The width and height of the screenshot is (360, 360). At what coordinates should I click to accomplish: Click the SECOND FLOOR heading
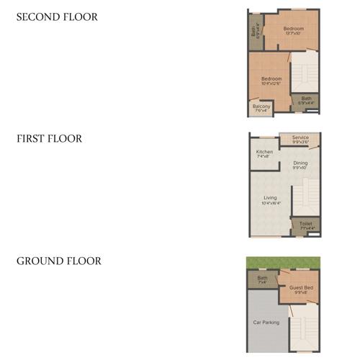[x=57, y=17]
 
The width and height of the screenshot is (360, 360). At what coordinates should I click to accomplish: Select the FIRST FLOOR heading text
[x=49, y=139]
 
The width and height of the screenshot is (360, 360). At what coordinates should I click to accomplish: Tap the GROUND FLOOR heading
[x=59, y=261]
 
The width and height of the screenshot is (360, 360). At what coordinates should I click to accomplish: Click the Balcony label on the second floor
[x=261, y=108]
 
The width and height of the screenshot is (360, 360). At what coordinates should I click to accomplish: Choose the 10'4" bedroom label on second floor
[x=271, y=81]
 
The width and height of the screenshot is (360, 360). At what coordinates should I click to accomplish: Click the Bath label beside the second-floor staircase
[x=307, y=100]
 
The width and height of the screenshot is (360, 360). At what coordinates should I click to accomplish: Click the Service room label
[x=300, y=139]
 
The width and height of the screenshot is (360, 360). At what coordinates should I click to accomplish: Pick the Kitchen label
[x=264, y=154]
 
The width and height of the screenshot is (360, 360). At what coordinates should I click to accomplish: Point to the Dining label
[x=300, y=166]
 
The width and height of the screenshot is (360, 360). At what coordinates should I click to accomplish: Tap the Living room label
[x=270, y=199]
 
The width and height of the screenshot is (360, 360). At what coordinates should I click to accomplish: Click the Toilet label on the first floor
[x=306, y=225]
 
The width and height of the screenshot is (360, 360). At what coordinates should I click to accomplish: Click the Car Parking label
[x=266, y=322]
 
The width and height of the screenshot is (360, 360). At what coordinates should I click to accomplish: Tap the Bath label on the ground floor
[x=262, y=279]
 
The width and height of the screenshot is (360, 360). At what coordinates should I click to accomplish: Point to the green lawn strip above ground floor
[x=284, y=261]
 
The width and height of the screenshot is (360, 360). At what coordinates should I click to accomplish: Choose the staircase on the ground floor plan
[x=305, y=328]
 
